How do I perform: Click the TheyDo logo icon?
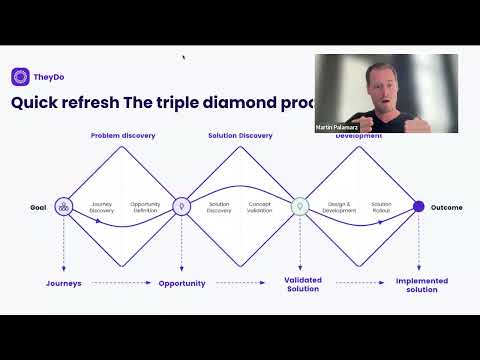[x=20, y=76]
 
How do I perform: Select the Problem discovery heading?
[x=123, y=135]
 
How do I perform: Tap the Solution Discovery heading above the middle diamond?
[x=239, y=135]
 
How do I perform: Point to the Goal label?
[x=39, y=207]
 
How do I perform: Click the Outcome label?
[x=447, y=207]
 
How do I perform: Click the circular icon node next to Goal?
[x=64, y=207]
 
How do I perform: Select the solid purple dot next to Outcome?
[x=419, y=207]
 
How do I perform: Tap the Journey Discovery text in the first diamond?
[x=102, y=207]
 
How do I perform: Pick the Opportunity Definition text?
[x=145, y=207]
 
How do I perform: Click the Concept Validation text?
[x=260, y=207]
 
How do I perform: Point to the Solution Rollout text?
[x=381, y=207]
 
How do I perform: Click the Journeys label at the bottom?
[x=64, y=283]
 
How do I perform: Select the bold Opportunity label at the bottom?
[x=182, y=283]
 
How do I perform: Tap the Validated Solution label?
[x=303, y=284]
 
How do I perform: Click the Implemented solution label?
[x=422, y=285]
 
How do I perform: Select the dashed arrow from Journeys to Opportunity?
[x=120, y=283]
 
